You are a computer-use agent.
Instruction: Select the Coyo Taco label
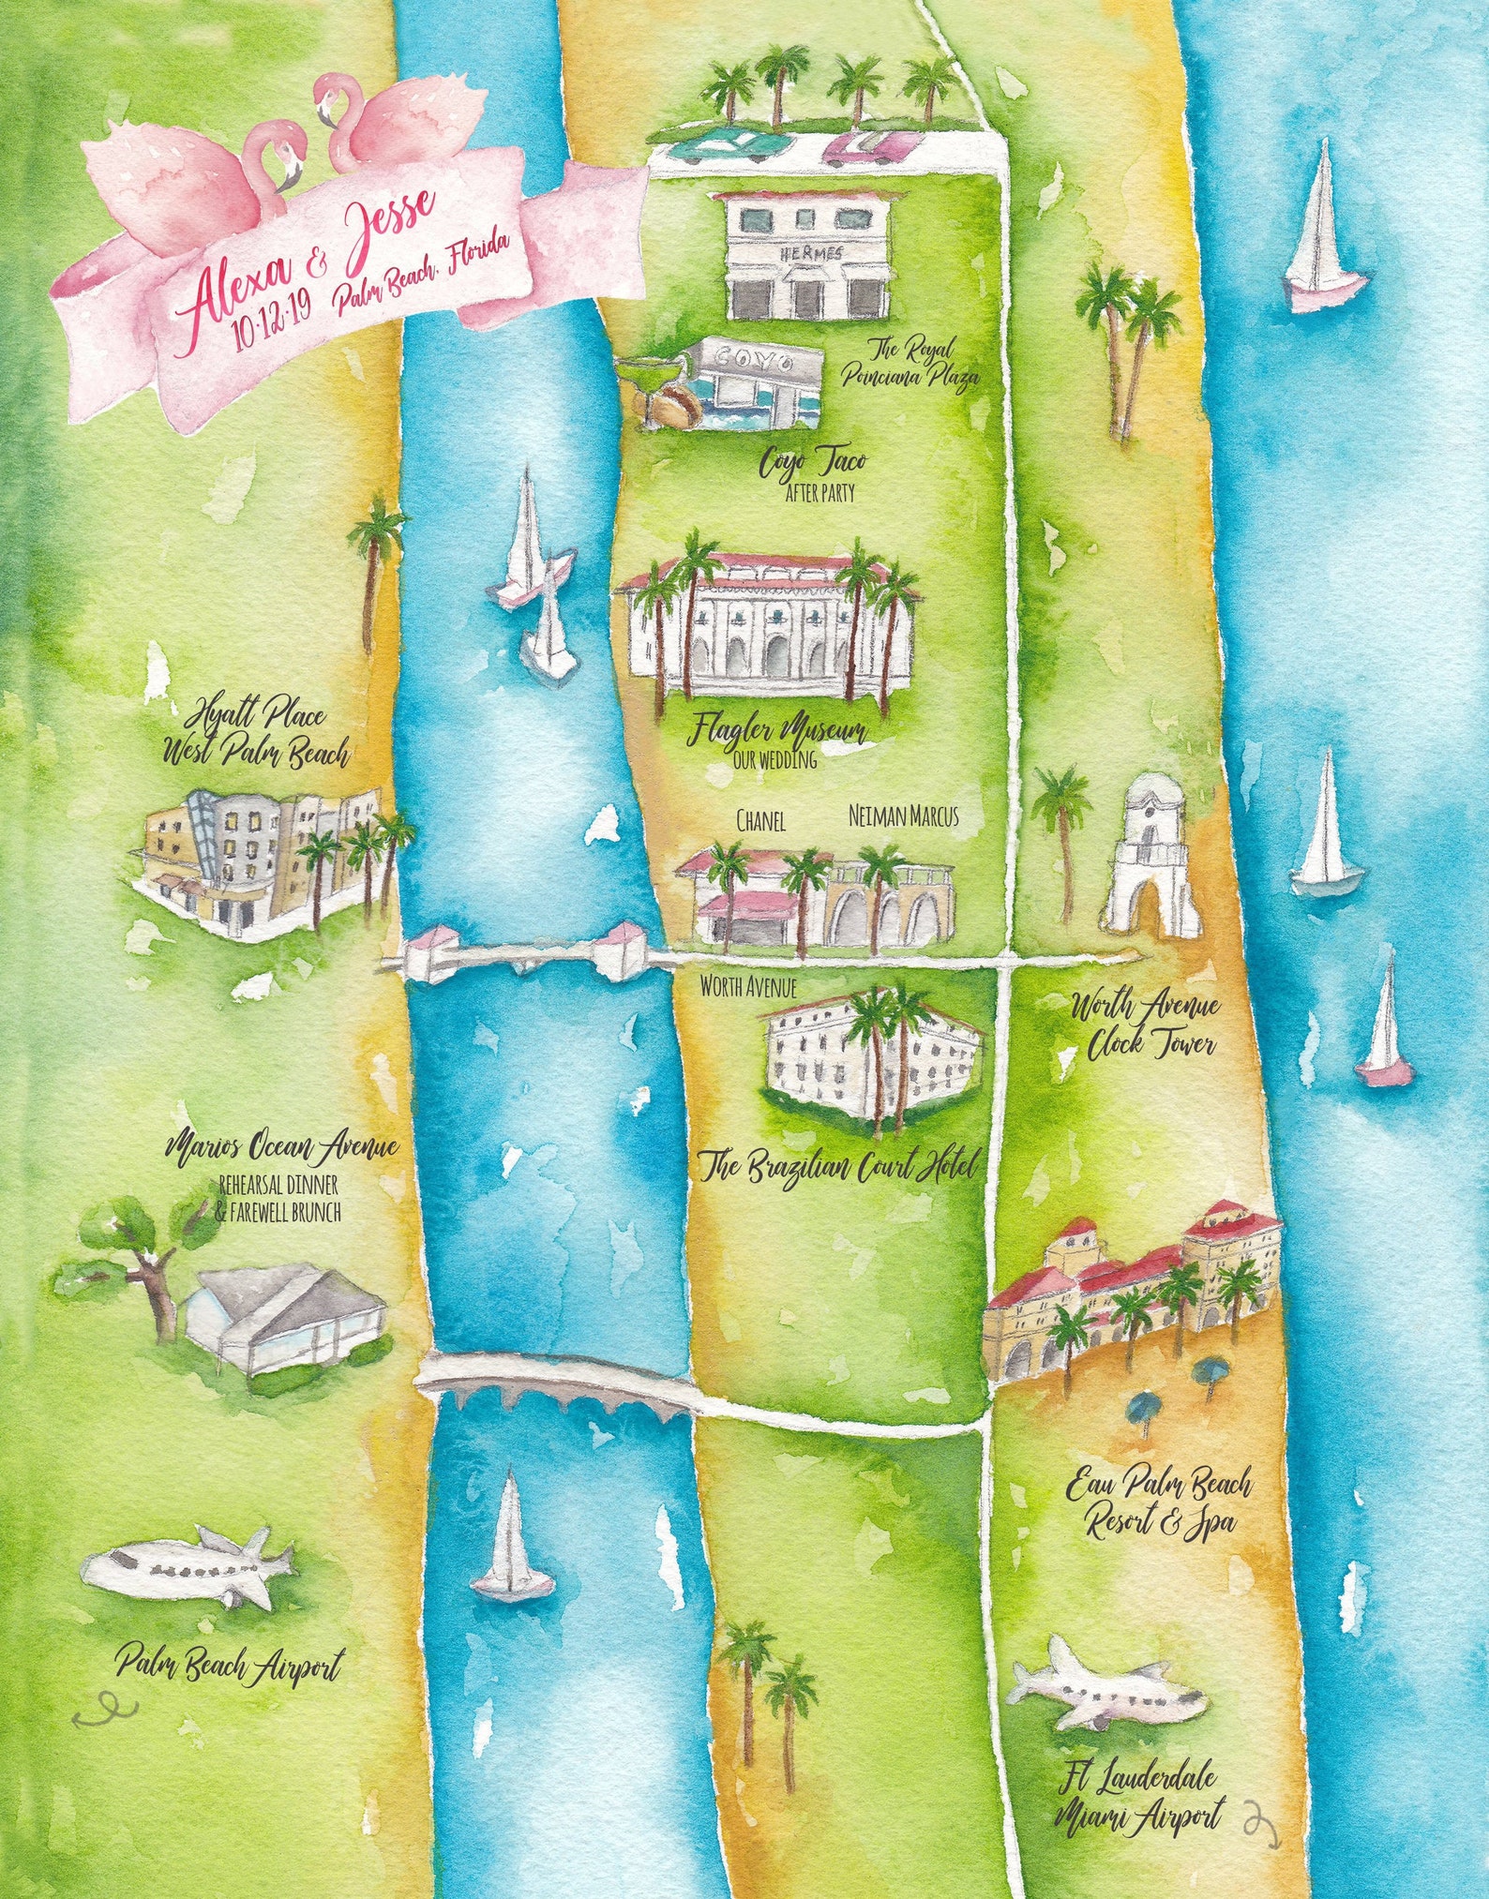pyautogui.click(x=812, y=462)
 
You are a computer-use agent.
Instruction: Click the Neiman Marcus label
pyautogui.click(x=903, y=816)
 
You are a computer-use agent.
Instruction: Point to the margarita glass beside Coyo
pyautogui.click(x=652, y=377)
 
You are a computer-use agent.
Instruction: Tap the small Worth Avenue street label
pyautogui.click(x=748, y=987)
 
